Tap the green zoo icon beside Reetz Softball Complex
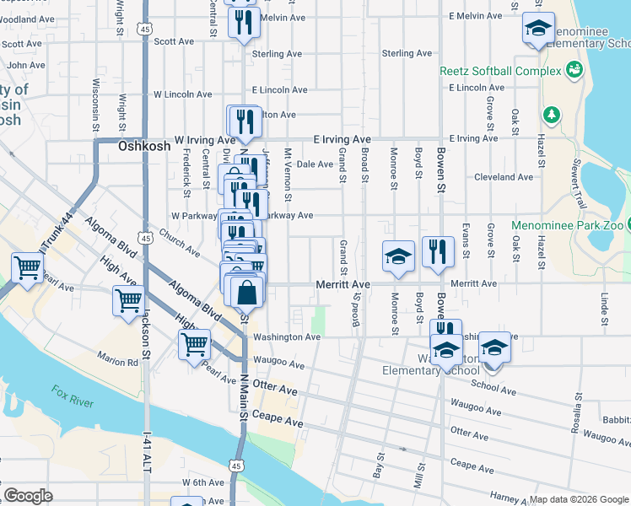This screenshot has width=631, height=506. [x=575, y=69]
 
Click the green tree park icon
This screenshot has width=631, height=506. [x=552, y=114]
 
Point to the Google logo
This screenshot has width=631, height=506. [x=29, y=496]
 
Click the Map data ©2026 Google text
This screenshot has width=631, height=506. [x=579, y=499]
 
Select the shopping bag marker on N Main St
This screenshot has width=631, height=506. [x=246, y=294]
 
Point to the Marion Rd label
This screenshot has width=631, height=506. [x=116, y=363]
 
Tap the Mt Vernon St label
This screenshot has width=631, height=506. [x=288, y=175]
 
